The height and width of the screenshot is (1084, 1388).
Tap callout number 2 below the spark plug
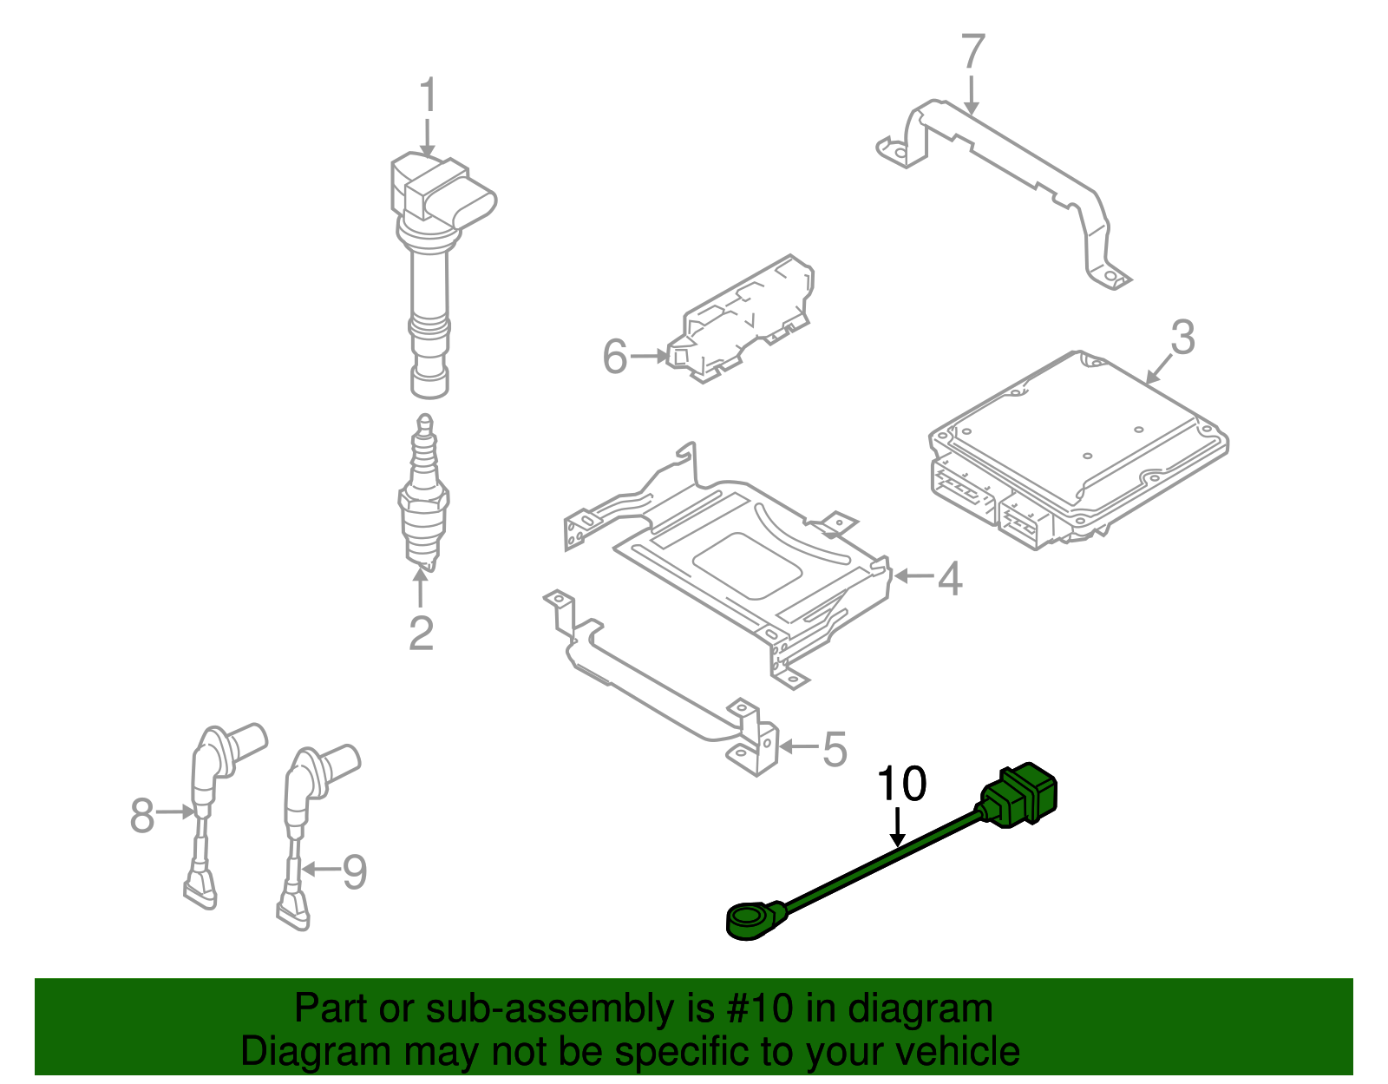coord(421,634)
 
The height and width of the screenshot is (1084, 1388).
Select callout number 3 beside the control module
coord(1182,337)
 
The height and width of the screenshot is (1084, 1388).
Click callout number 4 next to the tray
coord(950,579)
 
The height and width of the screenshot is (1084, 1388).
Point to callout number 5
coord(834,749)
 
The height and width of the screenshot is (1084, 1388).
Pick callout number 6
coord(614,357)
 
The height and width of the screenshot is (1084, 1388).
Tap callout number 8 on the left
coord(142,816)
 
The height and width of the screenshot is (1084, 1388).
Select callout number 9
coord(354,871)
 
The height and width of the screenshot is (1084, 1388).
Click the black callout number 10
coord(902,784)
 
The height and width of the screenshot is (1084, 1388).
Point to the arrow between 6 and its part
coord(649,356)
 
